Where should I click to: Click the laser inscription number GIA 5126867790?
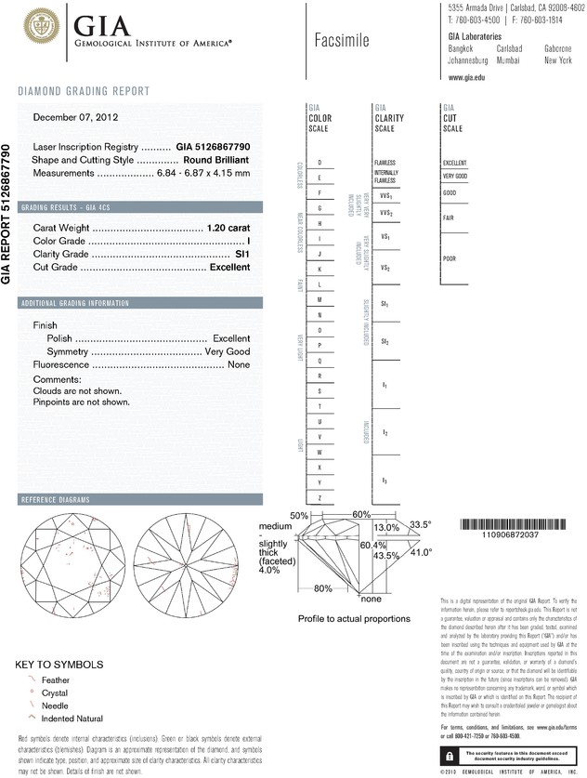point(212,147)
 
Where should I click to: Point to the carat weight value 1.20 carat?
point(228,228)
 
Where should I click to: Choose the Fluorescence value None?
point(239,365)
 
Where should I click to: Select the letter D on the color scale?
point(320,163)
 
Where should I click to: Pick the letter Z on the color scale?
point(320,498)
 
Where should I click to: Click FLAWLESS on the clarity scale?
point(385,163)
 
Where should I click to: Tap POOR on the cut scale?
point(450,258)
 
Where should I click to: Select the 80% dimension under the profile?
point(323,587)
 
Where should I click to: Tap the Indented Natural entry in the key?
point(73,719)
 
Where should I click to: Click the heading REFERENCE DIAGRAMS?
point(55,500)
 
